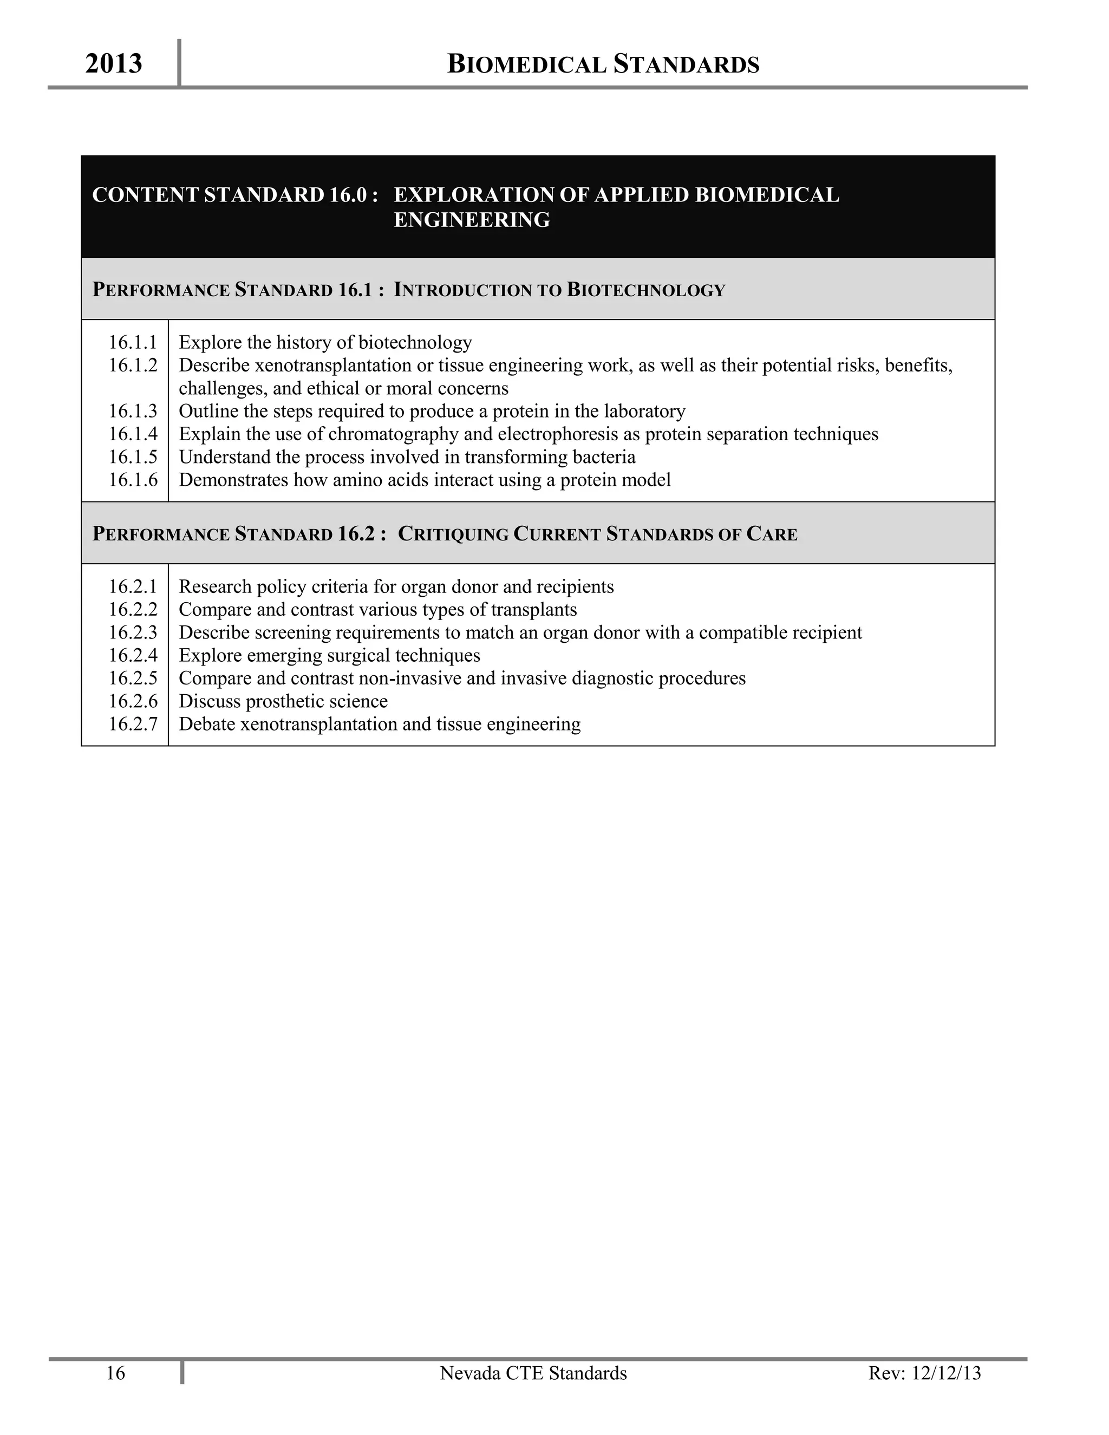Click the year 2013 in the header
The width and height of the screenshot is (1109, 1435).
[114, 64]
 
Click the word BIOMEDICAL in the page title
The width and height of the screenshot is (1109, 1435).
[526, 64]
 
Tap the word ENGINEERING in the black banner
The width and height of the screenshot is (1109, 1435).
[472, 219]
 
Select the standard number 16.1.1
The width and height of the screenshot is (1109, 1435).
[133, 342]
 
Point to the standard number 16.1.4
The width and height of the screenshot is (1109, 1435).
[133, 434]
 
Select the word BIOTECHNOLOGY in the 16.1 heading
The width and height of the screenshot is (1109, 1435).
[646, 290]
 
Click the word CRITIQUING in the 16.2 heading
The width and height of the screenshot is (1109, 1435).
[453, 534]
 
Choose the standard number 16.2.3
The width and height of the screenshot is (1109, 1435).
[133, 632]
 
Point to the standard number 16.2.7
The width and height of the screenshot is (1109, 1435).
[133, 724]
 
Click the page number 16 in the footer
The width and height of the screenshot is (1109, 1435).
[116, 1373]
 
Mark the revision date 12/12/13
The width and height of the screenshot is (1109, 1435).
[947, 1373]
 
